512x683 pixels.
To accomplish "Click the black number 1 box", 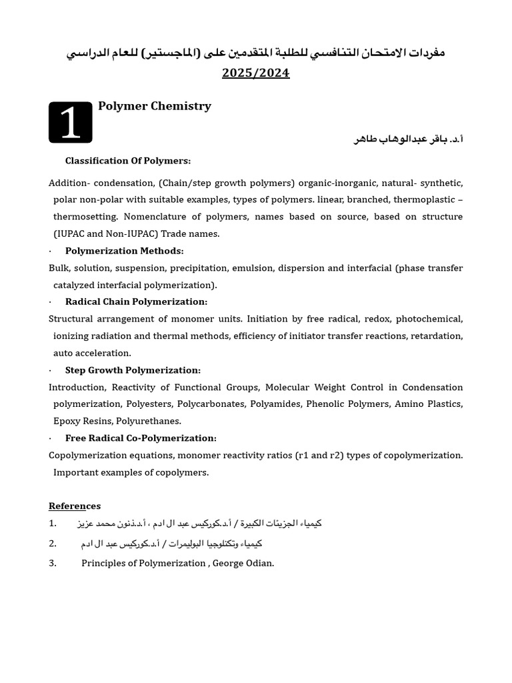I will tap(71, 123).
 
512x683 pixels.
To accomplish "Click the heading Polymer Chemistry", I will tap(155, 106).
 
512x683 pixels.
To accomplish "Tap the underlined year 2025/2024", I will tap(256, 73).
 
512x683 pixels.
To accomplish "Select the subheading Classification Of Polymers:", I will tap(128, 161).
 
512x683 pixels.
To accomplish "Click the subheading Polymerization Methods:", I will tap(125, 251).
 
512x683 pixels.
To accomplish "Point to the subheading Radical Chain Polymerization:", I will tap(136, 302).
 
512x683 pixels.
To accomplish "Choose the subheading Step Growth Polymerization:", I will tap(133, 370).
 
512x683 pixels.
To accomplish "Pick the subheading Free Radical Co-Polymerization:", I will tap(141, 438).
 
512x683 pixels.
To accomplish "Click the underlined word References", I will tap(75, 506).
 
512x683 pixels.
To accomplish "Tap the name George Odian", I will tap(243, 563).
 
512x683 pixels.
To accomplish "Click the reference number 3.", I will tap(53, 563).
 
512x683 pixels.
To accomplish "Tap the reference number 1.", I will tap(53, 524).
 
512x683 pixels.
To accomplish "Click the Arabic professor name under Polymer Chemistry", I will tap(408, 139).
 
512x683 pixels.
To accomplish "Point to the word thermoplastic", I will tap(424, 199).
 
